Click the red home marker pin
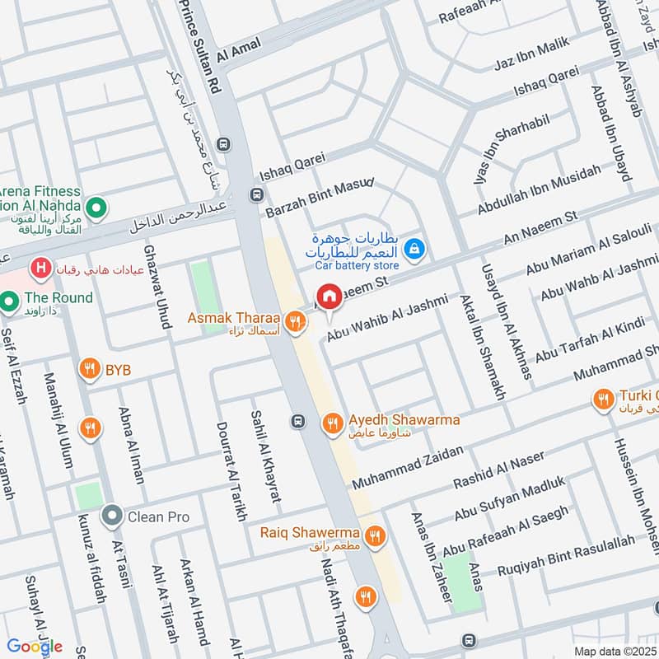tap(329, 297)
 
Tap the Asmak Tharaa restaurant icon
tap(292, 320)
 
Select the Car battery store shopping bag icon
tap(417, 245)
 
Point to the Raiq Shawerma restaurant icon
tap(376, 535)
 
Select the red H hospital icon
tap(39, 268)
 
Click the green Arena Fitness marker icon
tap(96, 207)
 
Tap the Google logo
tap(35, 646)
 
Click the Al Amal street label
tap(238, 50)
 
